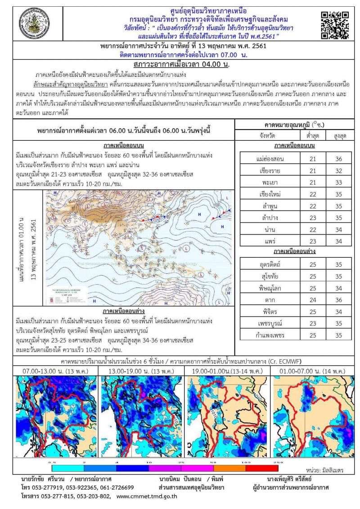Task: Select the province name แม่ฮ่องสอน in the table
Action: (x=269, y=159)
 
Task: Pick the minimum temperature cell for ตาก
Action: (x=312, y=300)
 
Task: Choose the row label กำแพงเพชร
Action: (x=269, y=335)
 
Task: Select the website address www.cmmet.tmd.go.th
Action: (x=147, y=497)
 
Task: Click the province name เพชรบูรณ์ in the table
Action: (x=269, y=323)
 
